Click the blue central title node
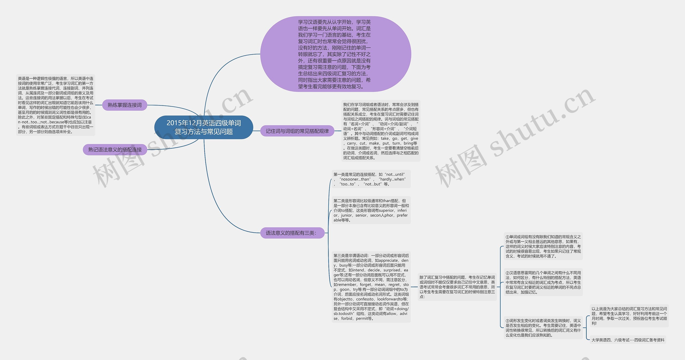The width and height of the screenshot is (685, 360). click(204, 127)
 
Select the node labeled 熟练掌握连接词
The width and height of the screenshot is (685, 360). click(125, 105)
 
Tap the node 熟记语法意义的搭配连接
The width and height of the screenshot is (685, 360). click(115, 150)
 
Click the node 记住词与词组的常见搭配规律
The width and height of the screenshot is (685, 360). click(297, 131)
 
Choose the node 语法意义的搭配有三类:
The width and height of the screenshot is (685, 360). click(292, 233)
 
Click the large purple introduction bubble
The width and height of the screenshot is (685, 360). click(336, 54)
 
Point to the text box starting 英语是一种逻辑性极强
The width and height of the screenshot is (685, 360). click(56, 105)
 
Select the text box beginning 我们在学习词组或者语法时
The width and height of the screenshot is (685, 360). click(381, 131)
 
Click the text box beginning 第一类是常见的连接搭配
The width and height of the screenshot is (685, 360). click(371, 179)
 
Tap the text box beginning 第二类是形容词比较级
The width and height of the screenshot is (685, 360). click(371, 210)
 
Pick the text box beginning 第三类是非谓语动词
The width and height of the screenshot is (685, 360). click(371, 287)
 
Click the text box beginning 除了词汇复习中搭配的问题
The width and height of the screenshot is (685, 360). click(457, 287)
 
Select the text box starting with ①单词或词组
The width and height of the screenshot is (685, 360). click(543, 246)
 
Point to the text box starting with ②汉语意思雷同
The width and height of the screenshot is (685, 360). click(543, 282)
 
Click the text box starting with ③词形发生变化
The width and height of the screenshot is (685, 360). click(543, 328)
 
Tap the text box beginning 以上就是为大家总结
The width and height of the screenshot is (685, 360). click(629, 316)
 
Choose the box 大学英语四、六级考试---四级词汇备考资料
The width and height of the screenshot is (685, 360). click(628, 340)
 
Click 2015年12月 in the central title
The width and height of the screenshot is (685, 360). click(184, 123)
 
